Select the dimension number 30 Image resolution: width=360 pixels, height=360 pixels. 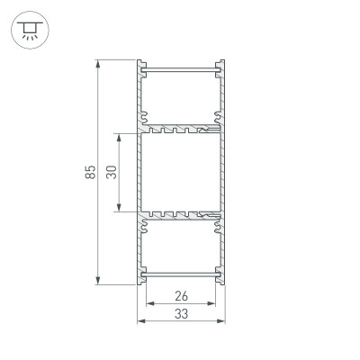pos(111,173)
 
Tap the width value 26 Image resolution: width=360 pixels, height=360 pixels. pos(180,295)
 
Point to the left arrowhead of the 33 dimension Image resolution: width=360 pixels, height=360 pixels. pos(139,320)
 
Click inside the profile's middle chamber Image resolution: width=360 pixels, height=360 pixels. pos(180,173)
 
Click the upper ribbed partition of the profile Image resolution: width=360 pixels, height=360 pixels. pos(180,129)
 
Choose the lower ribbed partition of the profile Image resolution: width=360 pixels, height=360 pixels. pos(180,216)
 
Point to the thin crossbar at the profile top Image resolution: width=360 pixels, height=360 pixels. pos(180,69)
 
